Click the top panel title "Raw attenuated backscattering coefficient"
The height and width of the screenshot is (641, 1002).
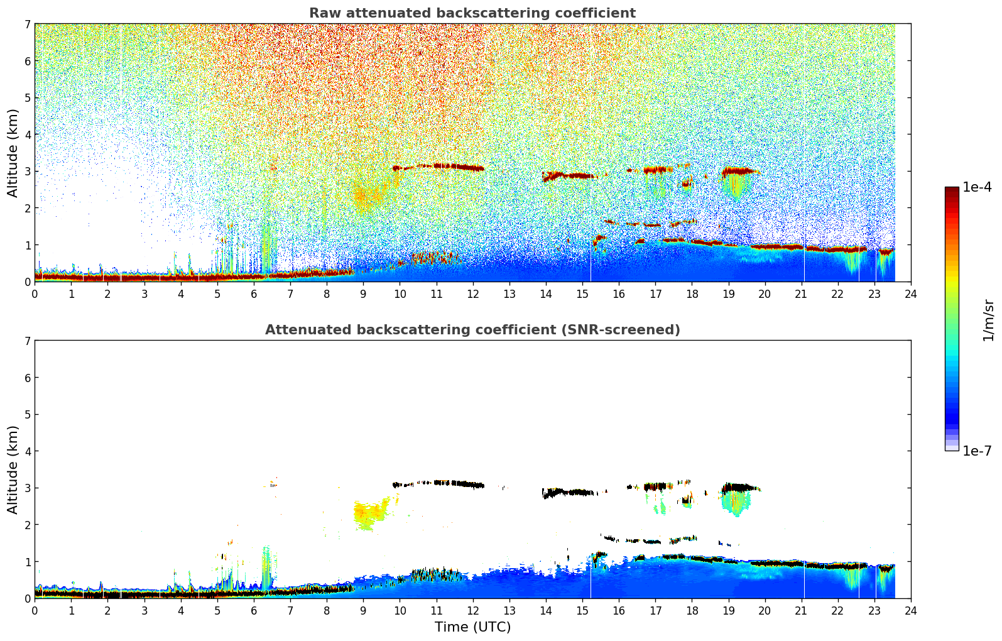pos(472,13)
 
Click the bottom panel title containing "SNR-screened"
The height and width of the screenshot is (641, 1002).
pos(472,330)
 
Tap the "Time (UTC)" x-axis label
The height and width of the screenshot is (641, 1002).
pos(472,627)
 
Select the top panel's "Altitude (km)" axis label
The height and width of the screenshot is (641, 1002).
pos(13,153)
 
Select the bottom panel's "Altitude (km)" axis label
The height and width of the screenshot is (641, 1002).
pos(13,469)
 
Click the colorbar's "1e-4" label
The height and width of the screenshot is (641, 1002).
pos(977,187)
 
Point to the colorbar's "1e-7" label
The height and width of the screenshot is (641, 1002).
pos(977,451)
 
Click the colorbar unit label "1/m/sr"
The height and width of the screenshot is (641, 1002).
pos(988,320)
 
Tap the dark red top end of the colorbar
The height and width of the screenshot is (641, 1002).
pos(951,190)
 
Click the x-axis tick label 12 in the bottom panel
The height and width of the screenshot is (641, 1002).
pos(472,611)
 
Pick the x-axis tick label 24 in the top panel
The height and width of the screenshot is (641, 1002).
pos(910,294)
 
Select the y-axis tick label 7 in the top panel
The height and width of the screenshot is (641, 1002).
pos(28,24)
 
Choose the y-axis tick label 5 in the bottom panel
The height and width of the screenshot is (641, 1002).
pos(28,414)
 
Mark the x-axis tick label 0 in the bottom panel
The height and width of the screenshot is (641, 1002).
pos(35,611)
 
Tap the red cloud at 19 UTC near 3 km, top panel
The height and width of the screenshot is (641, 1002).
pos(738,170)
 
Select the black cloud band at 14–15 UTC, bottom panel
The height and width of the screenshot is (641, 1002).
pos(569,492)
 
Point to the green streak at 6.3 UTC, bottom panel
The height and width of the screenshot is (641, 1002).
pos(266,569)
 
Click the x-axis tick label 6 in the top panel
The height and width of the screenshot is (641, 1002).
pos(254,294)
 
